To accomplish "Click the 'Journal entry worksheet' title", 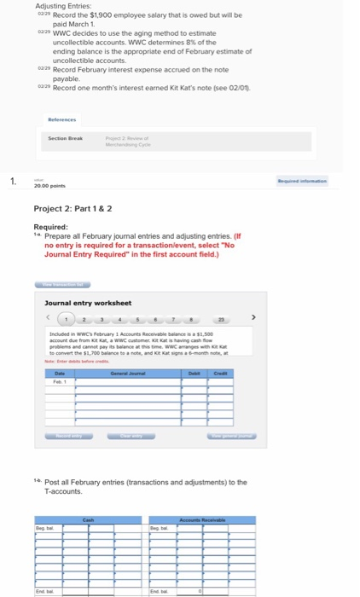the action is click(x=88, y=303).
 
